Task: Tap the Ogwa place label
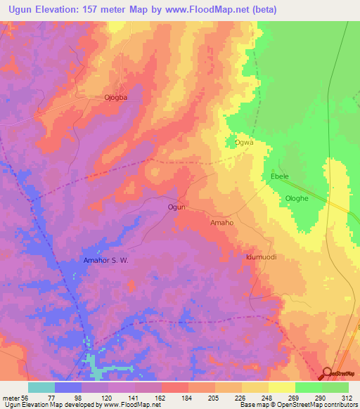pos(243,143)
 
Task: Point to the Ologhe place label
pos(296,199)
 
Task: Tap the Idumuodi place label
pos(260,257)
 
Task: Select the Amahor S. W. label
pos(105,260)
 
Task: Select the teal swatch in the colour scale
pos(41,387)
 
